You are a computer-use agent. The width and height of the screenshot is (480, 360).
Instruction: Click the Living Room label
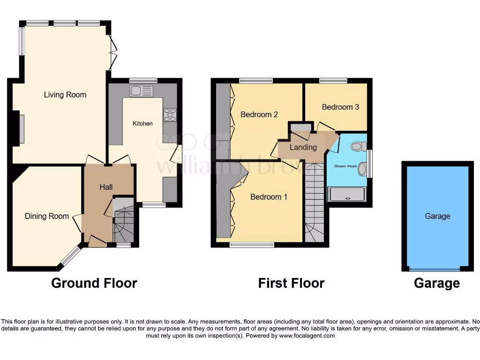click(65, 95)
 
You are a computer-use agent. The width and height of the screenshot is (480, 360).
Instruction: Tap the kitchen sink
click(142, 90)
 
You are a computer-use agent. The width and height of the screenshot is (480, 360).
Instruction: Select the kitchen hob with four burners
click(170, 115)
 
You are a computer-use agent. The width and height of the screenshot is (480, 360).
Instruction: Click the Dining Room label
click(47, 216)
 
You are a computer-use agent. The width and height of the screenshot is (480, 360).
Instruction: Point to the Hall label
click(106, 187)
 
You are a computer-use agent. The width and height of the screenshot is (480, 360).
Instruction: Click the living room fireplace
click(21, 129)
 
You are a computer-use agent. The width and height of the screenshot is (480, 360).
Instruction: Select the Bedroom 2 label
click(259, 114)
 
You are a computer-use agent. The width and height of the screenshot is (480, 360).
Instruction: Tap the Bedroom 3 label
click(340, 107)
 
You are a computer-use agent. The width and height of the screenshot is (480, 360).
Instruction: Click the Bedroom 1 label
click(269, 197)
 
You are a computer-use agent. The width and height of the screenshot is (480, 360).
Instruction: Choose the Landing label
click(303, 147)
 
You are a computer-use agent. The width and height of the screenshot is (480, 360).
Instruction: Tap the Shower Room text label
click(345, 166)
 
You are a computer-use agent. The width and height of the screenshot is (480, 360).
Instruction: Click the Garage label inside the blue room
click(437, 216)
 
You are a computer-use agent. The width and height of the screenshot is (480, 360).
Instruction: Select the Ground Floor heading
click(94, 283)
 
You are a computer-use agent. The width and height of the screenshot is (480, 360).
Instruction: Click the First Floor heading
click(291, 283)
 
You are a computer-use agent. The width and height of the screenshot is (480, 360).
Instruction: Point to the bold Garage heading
click(437, 283)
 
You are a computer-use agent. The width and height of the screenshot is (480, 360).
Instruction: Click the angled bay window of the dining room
click(71, 256)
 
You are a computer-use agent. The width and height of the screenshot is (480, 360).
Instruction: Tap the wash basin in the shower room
click(362, 171)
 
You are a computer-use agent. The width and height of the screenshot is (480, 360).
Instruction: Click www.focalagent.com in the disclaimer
click(307, 336)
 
